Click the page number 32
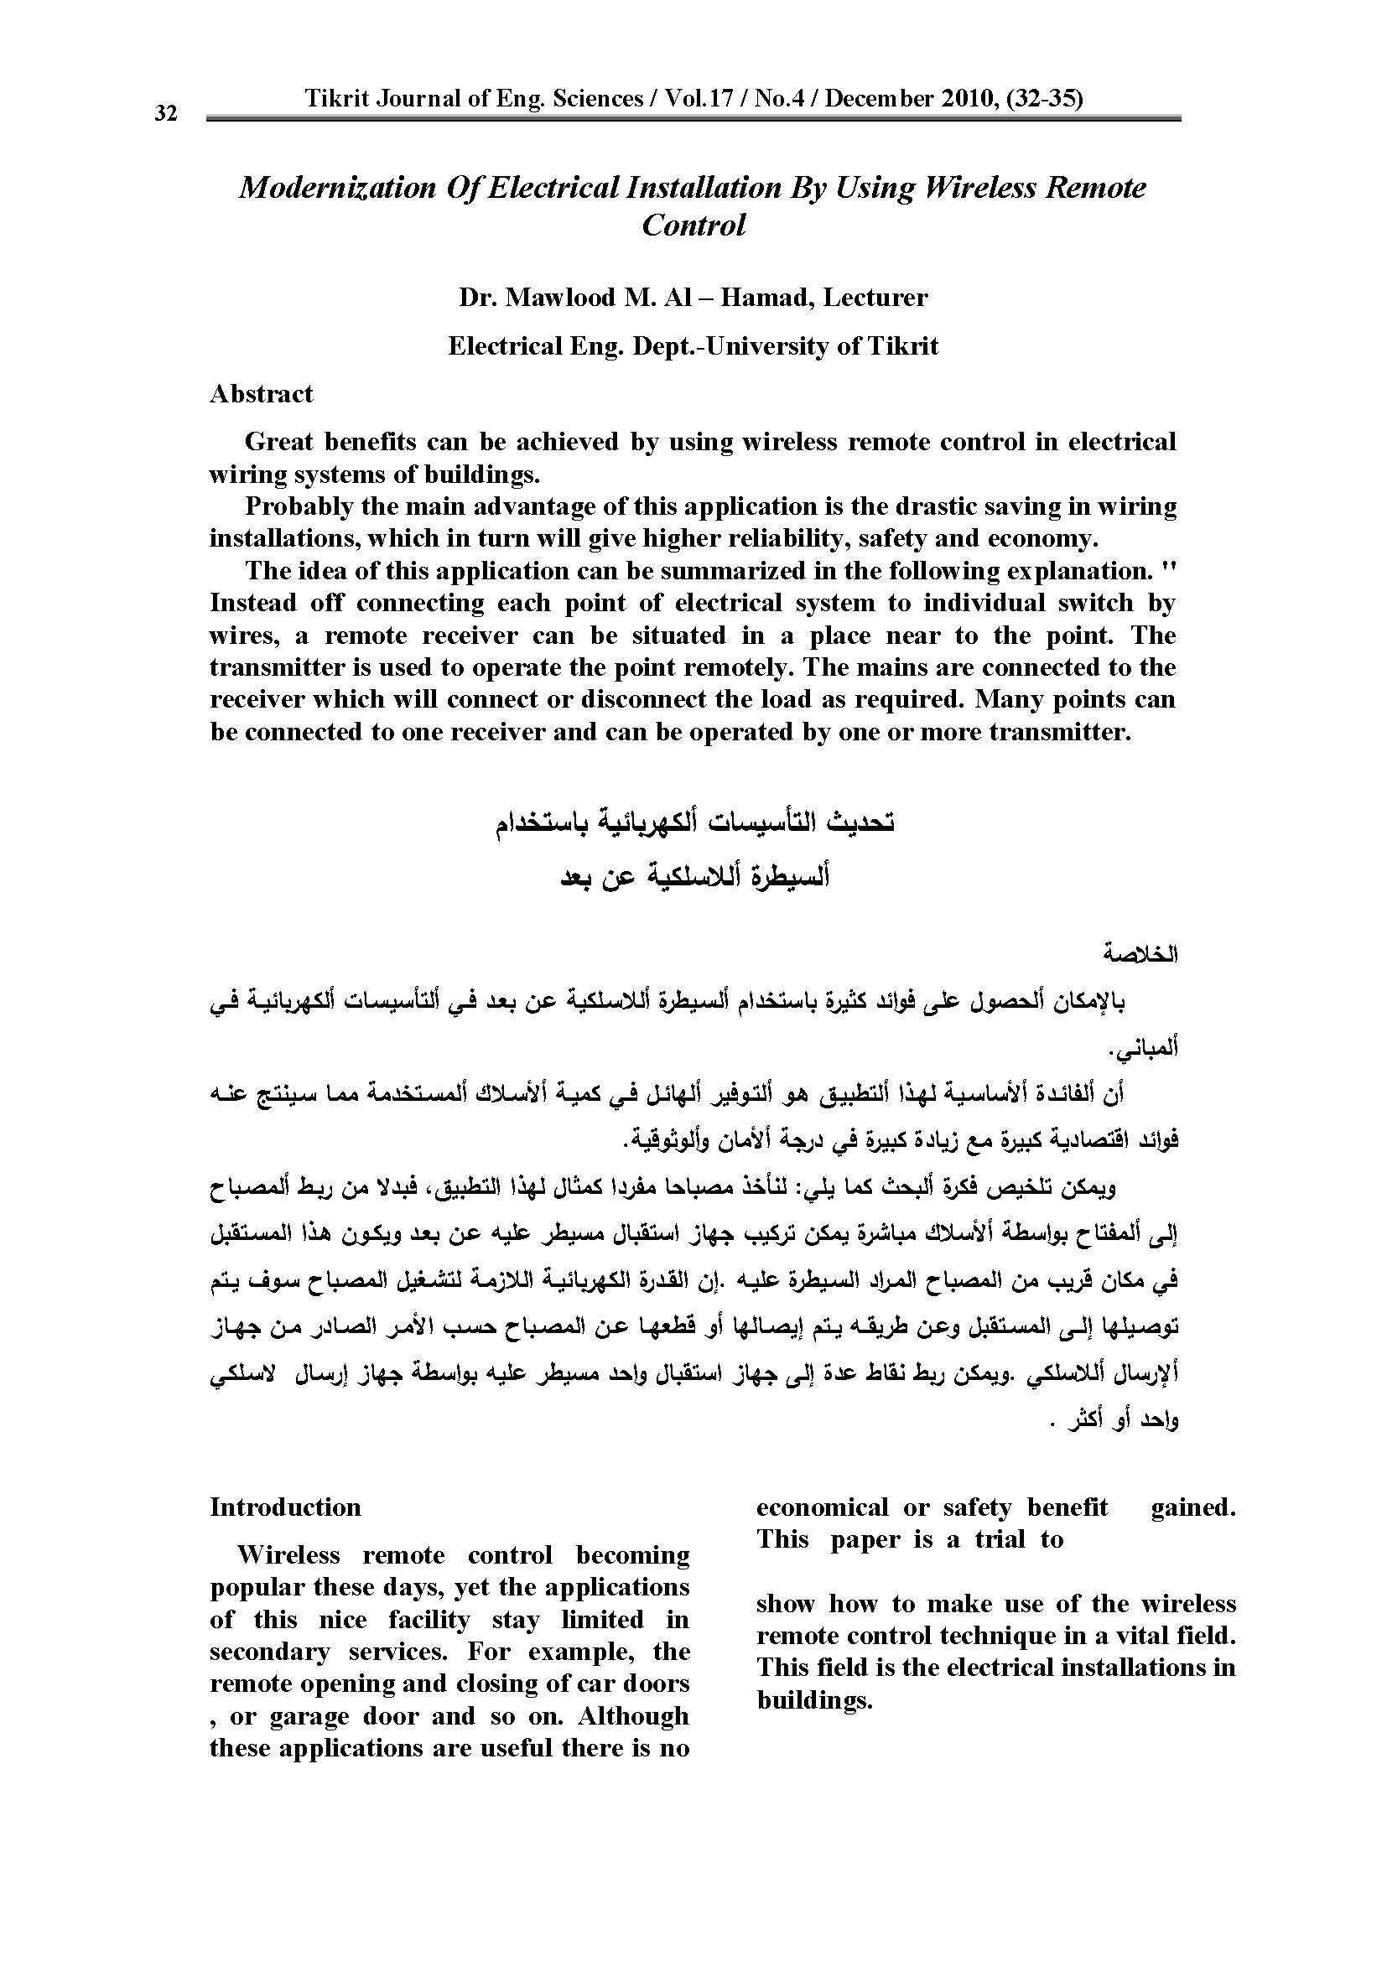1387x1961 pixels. (x=166, y=113)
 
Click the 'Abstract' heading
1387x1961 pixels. (x=262, y=394)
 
